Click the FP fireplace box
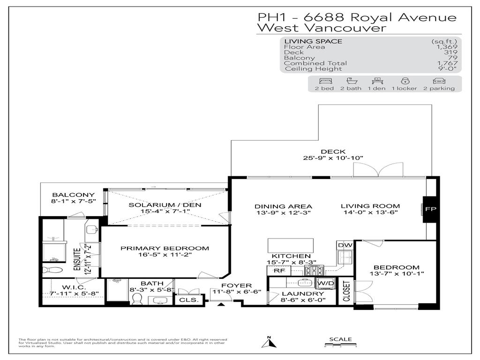click(x=430, y=209)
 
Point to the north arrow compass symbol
click(x=269, y=344)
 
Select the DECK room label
click(x=333, y=151)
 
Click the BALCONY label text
click(x=73, y=195)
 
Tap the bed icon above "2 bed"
click(x=324, y=81)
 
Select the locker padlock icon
click(x=404, y=81)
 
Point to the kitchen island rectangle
click(x=290, y=245)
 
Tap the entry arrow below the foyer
click(x=221, y=304)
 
